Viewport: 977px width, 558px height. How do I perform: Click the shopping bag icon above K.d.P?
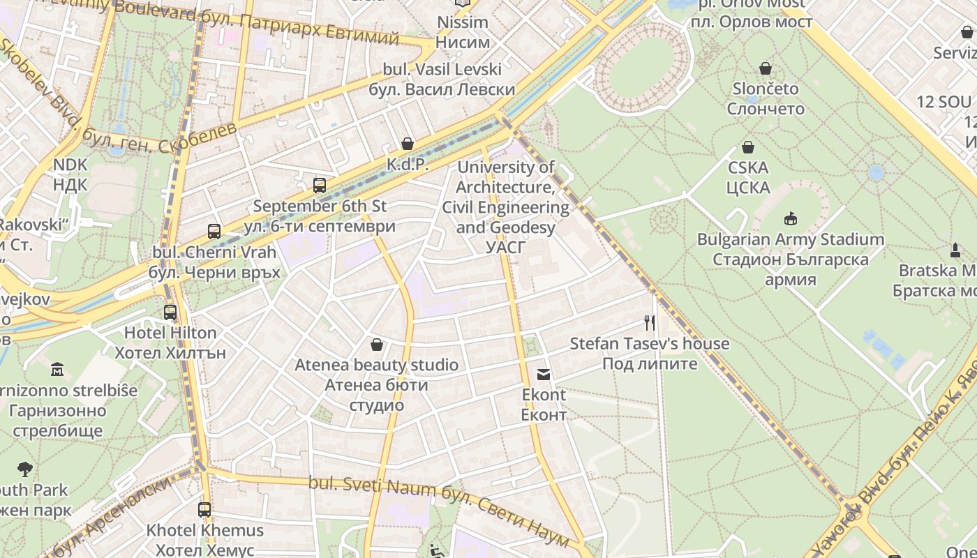click(x=408, y=144)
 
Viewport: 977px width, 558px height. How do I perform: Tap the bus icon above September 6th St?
click(x=320, y=186)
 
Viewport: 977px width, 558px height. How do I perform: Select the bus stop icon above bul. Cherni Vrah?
click(x=214, y=232)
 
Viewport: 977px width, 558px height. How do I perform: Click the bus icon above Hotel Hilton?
click(x=170, y=312)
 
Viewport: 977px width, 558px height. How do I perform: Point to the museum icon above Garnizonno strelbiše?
click(x=57, y=369)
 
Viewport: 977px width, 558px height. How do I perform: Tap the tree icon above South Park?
click(x=25, y=469)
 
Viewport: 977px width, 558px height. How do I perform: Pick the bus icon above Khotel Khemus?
click(x=204, y=510)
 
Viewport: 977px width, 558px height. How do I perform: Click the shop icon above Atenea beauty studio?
click(x=377, y=345)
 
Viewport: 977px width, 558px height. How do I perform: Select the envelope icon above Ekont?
click(x=544, y=375)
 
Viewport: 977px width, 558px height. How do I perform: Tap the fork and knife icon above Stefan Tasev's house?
click(x=650, y=322)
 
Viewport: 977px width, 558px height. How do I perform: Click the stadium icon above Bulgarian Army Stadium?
click(x=790, y=219)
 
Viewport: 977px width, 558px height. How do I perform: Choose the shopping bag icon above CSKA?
click(x=748, y=147)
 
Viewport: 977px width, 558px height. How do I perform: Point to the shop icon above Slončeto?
click(x=766, y=68)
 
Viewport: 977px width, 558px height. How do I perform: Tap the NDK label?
click(x=70, y=165)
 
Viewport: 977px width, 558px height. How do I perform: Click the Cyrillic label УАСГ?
click(x=506, y=247)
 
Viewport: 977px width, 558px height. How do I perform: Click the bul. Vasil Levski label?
click(x=442, y=70)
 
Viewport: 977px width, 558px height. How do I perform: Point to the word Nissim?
click(x=463, y=22)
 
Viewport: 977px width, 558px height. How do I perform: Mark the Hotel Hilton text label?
click(x=170, y=333)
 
